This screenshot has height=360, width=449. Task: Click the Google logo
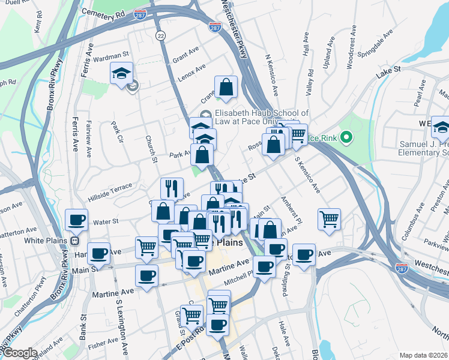(x=19, y=353)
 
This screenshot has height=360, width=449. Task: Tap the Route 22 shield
(x=160, y=37)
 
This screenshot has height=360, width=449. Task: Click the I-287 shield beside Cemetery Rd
(x=140, y=14)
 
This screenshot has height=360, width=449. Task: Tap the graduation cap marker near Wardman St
(x=121, y=74)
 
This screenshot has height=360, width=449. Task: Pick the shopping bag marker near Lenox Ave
(x=226, y=87)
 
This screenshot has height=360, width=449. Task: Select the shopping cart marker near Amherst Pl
(x=329, y=218)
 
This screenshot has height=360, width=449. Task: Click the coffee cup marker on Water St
(x=77, y=220)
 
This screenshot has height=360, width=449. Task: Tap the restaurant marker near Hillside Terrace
(x=172, y=188)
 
